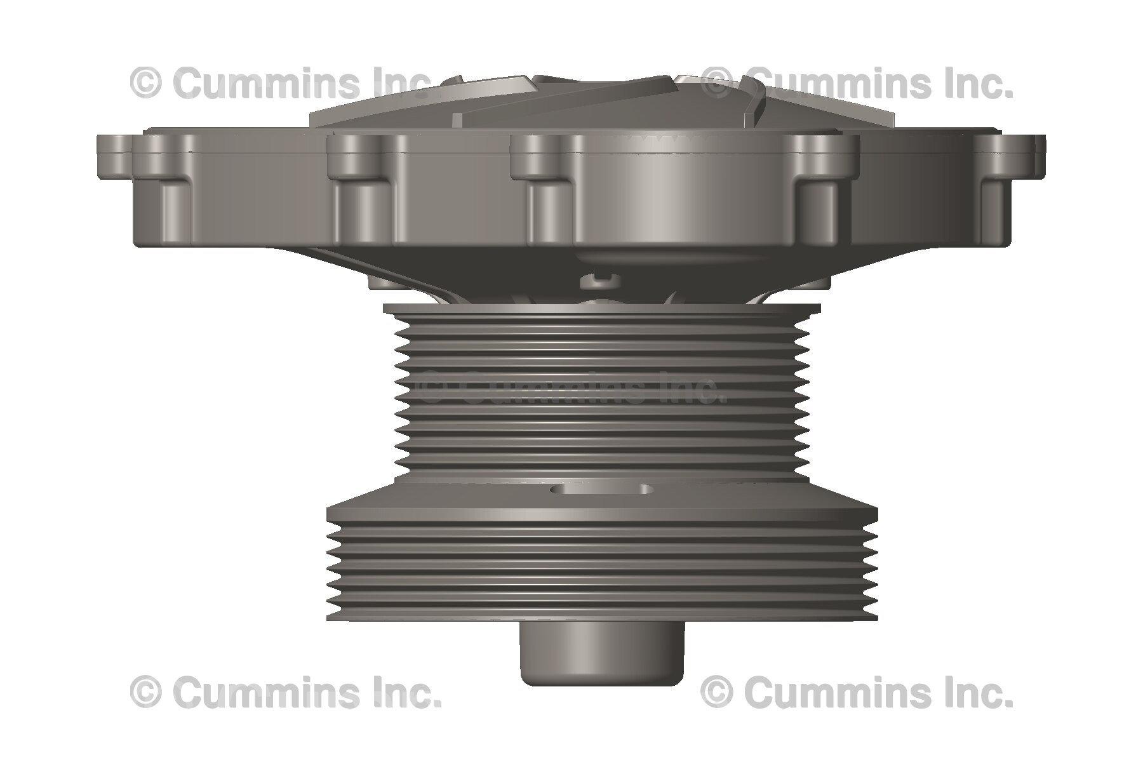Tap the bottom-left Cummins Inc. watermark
285,692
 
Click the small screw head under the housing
599,277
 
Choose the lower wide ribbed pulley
602,565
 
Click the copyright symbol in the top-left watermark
145,83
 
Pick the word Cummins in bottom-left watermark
265,692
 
